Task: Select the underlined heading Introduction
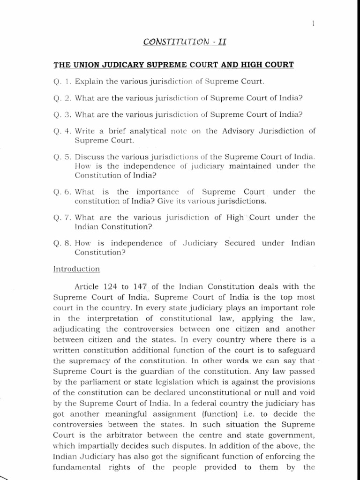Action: point(76,269)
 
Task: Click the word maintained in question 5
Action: point(247,165)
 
